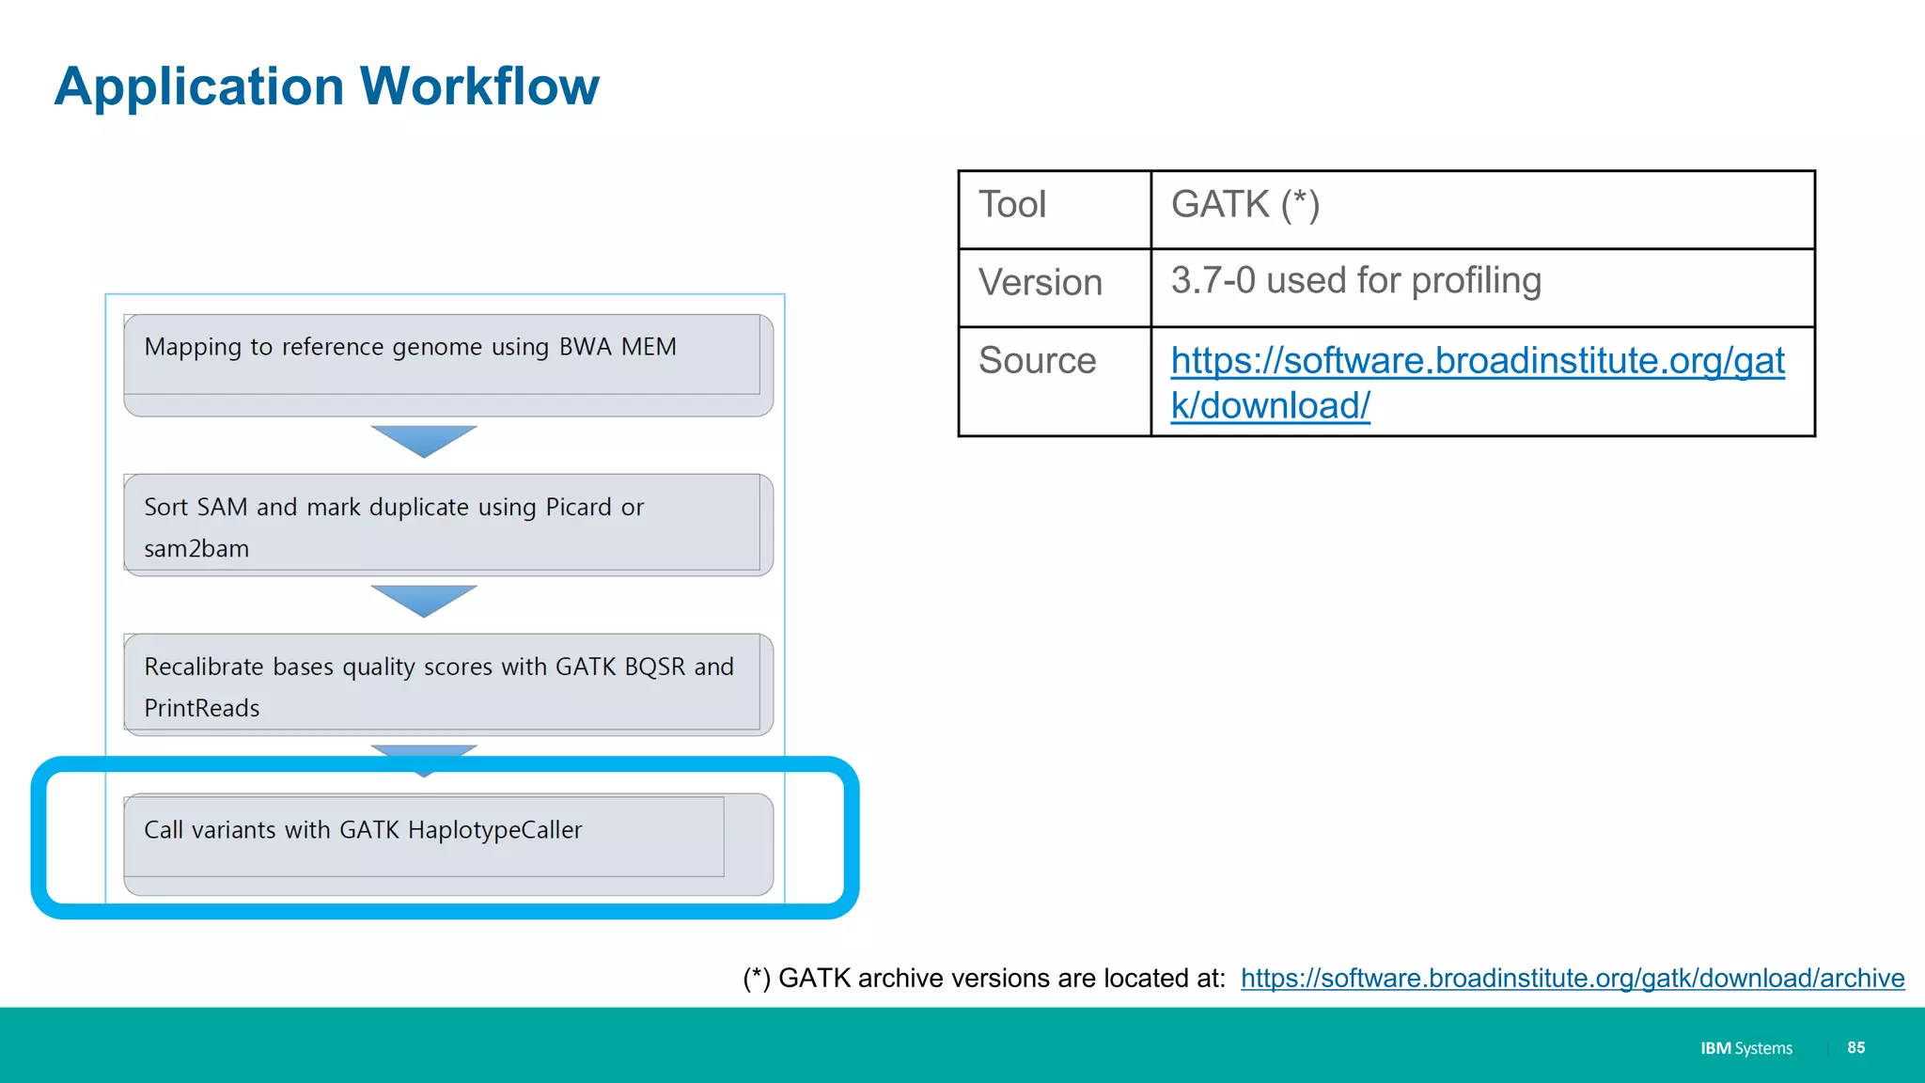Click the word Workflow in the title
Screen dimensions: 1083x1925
(479, 86)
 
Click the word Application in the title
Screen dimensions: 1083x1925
(199, 86)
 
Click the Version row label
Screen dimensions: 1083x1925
(1040, 283)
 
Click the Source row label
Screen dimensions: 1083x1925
(1037, 361)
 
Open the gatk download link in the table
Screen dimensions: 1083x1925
(1476, 362)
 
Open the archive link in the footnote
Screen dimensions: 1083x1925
(1572, 979)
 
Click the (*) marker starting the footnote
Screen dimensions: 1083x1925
(757, 979)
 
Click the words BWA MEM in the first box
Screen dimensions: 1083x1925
(618, 347)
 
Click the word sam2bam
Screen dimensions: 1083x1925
(196, 549)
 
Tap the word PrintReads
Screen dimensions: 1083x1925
(202, 709)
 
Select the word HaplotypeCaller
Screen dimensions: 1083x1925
(494, 830)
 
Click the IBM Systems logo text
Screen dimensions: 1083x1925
(1745, 1048)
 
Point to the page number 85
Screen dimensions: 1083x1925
(1855, 1047)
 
